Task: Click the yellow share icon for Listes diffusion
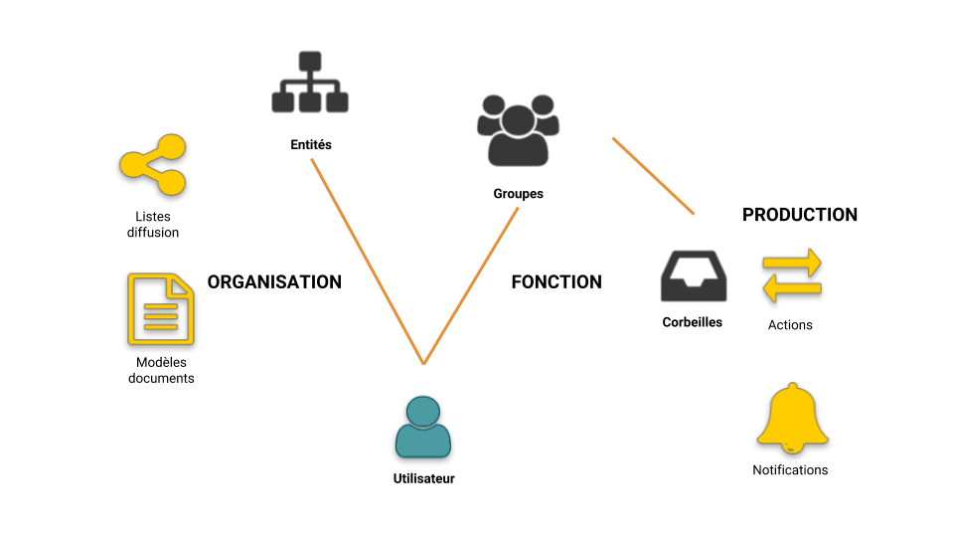[153, 164]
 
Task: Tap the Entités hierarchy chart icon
[310, 84]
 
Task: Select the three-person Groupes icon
[518, 129]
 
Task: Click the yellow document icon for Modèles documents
[161, 309]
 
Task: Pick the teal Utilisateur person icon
[423, 427]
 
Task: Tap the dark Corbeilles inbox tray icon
[693, 276]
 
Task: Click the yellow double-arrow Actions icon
[792, 275]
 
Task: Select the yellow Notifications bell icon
[791, 418]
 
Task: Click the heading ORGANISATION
[274, 282]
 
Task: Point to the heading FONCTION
[556, 282]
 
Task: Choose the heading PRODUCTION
[800, 215]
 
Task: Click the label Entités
[311, 145]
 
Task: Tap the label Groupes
[519, 194]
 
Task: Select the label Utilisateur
[423, 479]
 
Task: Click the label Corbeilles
[693, 322]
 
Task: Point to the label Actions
[790, 325]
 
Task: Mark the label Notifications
[790, 470]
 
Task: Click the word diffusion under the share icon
[153, 233]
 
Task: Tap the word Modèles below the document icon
[161, 362]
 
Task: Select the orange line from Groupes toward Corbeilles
[653, 175]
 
